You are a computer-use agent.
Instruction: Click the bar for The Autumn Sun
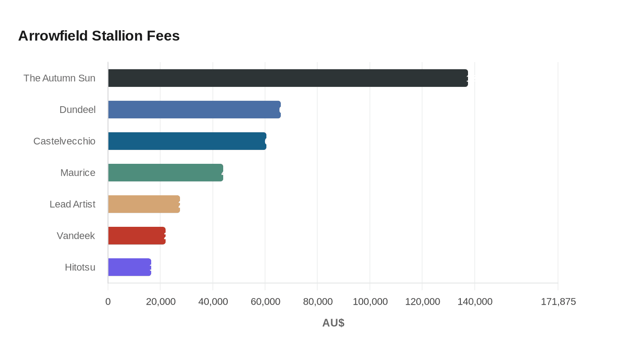(288, 78)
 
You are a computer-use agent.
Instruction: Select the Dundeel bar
(194, 110)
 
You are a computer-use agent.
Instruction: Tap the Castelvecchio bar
(187, 141)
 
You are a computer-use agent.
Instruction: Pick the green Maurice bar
(166, 173)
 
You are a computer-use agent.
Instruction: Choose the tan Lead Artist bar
(144, 204)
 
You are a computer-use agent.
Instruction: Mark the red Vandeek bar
(137, 236)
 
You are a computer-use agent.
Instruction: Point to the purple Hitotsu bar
(130, 267)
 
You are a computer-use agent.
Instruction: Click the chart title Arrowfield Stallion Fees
(99, 36)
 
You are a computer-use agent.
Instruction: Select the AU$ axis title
(333, 323)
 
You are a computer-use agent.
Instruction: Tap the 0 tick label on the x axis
(108, 302)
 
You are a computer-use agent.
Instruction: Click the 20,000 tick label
(161, 302)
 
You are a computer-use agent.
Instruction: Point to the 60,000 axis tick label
(265, 302)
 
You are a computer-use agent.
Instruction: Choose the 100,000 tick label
(370, 302)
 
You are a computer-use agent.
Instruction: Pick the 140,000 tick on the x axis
(475, 302)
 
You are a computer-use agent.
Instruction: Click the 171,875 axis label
(558, 302)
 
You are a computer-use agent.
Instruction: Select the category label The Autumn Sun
(59, 78)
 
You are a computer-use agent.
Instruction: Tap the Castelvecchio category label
(64, 141)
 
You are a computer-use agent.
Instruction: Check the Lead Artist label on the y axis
(72, 204)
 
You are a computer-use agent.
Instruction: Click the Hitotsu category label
(80, 267)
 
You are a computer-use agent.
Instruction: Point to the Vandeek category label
(76, 236)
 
